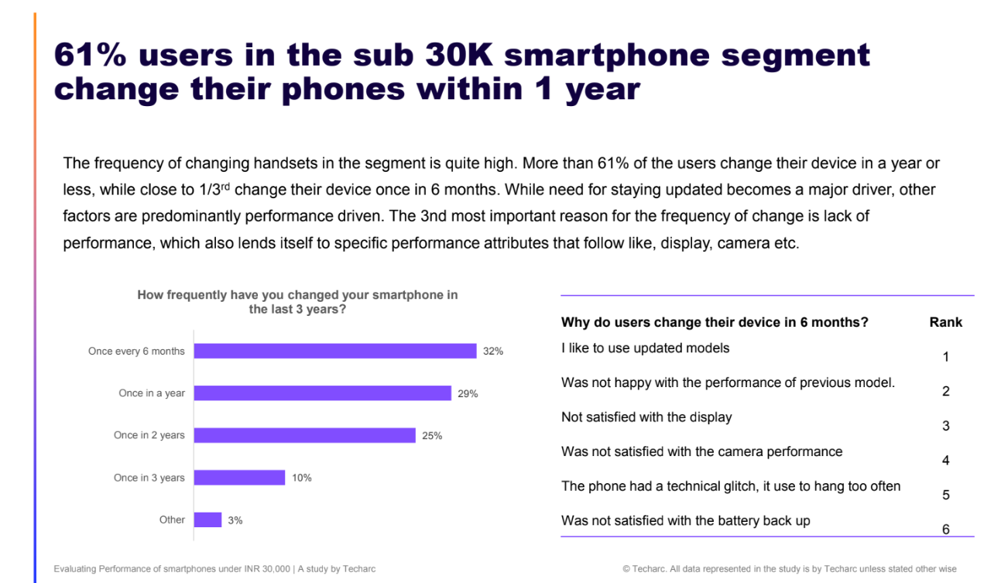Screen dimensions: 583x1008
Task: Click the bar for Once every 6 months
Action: coord(334,351)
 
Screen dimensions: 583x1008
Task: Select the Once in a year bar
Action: coord(322,393)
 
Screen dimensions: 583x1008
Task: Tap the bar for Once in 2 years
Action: coord(304,435)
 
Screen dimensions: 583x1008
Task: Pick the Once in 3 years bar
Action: coord(239,478)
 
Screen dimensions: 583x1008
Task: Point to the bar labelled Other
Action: coord(207,520)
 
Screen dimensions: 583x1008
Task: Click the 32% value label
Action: coord(493,352)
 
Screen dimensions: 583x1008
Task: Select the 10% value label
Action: coord(302,478)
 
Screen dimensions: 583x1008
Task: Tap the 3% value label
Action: coord(235,520)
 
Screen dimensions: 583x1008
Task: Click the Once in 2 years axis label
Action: coord(149,435)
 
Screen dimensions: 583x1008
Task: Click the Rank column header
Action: coord(945,322)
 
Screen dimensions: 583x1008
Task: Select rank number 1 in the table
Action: coord(945,357)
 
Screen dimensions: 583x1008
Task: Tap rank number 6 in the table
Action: coord(945,530)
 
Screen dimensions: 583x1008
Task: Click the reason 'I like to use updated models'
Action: coord(645,348)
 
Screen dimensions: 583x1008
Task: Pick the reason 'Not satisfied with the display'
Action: coord(646,417)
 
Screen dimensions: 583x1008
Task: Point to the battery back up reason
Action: coord(685,520)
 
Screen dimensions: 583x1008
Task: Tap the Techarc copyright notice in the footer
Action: coord(790,569)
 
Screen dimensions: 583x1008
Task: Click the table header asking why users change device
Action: coord(715,322)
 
